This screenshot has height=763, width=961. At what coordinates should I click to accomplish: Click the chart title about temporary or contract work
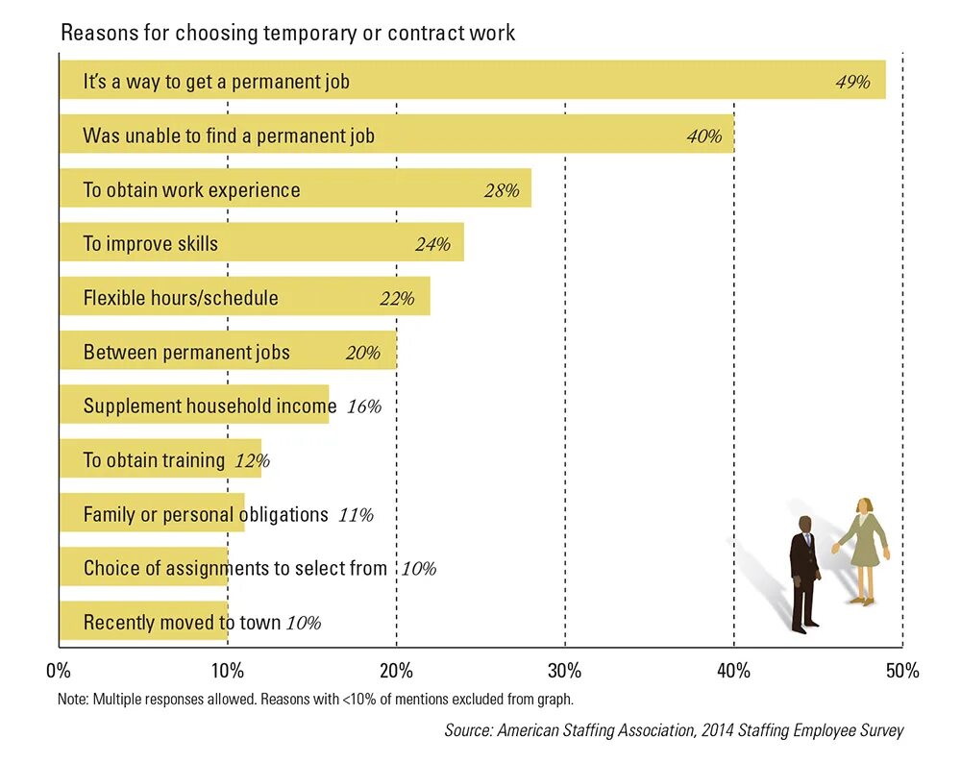(288, 33)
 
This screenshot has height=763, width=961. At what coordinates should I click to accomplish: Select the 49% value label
(852, 82)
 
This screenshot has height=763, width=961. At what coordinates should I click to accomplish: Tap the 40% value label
(703, 136)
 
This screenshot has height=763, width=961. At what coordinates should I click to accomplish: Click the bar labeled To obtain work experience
(294, 189)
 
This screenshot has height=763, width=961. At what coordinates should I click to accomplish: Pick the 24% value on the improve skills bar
(432, 244)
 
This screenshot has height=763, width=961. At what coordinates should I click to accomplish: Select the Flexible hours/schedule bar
(244, 298)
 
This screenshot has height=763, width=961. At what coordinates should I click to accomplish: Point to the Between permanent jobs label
(186, 352)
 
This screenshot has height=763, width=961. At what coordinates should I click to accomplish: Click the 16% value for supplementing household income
(363, 406)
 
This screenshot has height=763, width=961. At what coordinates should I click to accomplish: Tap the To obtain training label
(154, 460)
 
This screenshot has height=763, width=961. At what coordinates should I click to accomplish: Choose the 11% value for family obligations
(356, 515)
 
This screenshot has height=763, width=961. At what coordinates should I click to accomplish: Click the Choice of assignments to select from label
(234, 568)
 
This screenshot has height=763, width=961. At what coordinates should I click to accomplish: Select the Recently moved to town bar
(144, 623)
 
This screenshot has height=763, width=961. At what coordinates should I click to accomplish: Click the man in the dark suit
(804, 575)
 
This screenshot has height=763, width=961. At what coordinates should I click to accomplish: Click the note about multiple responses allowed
(315, 700)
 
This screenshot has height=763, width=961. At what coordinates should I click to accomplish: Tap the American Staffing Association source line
(674, 730)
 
